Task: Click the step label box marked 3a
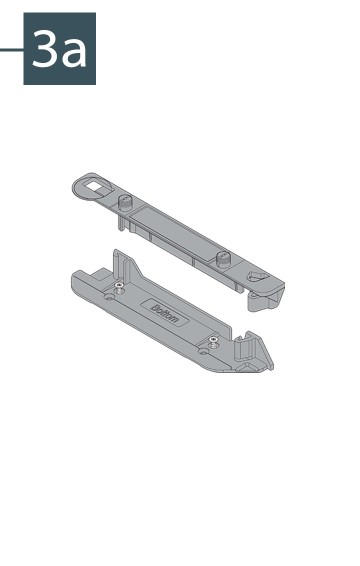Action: (59, 48)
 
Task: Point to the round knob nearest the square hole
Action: (125, 203)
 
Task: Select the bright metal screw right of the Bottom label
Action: (214, 341)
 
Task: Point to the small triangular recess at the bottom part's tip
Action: (248, 368)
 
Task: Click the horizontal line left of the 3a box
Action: (11, 49)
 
